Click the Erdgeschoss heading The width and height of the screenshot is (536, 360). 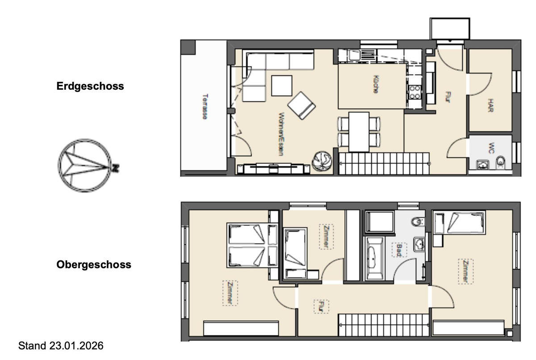(x=90, y=86)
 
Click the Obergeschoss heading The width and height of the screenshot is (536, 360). (x=94, y=264)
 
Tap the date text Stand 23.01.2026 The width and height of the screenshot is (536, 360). (x=61, y=346)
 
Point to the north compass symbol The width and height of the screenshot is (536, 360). (x=85, y=166)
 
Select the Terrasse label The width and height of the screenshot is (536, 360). (x=205, y=106)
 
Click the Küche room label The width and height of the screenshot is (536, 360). (x=376, y=84)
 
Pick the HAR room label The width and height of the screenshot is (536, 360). (x=490, y=105)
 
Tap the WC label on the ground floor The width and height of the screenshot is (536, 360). (x=491, y=148)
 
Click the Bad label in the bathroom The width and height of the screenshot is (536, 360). (x=399, y=250)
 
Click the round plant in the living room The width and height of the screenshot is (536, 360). (x=322, y=161)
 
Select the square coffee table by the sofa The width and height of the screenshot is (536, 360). (x=282, y=86)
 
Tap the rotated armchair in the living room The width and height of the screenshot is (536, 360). (x=301, y=105)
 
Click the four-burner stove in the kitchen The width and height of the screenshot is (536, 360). (x=415, y=92)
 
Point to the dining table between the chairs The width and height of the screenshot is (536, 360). (x=359, y=132)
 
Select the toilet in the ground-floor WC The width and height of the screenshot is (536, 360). (x=501, y=161)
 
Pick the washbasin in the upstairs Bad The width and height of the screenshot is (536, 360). (x=419, y=244)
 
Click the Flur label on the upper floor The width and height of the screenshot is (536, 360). (x=321, y=306)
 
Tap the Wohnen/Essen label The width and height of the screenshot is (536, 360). (x=281, y=134)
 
